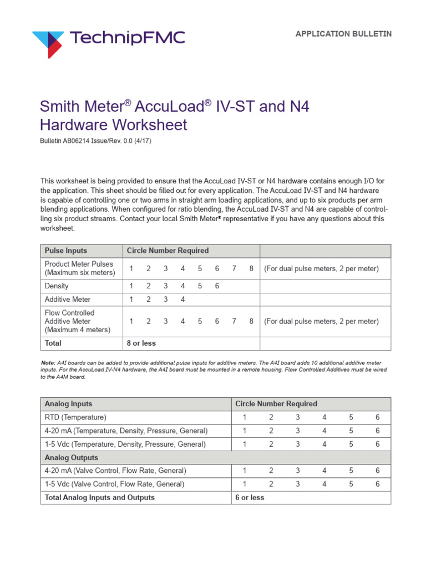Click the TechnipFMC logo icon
(x=48, y=43)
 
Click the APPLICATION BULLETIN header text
(x=343, y=34)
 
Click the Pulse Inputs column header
(x=66, y=251)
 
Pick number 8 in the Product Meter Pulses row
(x=251, y=268)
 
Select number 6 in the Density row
(x=217, y=286)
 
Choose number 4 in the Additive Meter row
(x=182, y=300)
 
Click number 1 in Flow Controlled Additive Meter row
(x=131, y=321)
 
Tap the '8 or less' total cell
(x=141, y=343)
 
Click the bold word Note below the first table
(x=48, y=362)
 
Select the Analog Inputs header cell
(x=69, y=404)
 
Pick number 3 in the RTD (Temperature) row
(x=297, y=417)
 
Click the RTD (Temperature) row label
(x=75, y=417)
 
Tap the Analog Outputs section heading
(x=72, y=457)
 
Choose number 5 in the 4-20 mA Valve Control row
(x=351, y=471)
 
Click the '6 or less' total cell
(x=250, y=497)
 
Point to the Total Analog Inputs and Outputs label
(x=100, y=497)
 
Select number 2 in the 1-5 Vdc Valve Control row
(x=271, y=484)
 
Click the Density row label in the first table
(x=57, y=286)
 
